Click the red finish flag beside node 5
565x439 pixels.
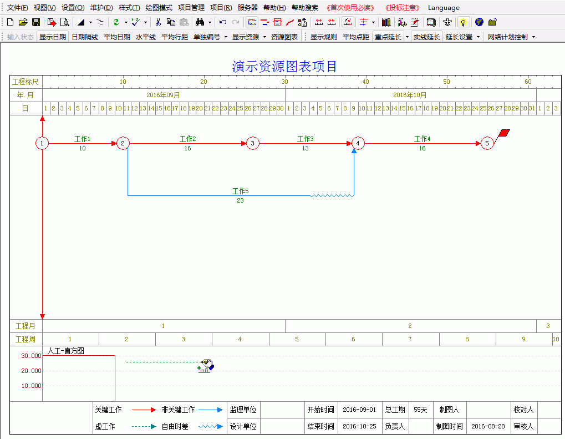[x=503, y=133]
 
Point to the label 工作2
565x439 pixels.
[x=188, y=139]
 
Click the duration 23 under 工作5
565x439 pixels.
[x=240, y=200]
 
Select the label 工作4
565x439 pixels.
[x=423, y=139]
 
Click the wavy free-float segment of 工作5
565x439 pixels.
[x=332, y=195]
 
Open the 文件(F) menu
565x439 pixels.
[x=17, y=8]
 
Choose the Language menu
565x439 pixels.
[x=444, y=8]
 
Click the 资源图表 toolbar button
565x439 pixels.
[x=284, y=37]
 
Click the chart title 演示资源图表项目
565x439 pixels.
[x=284, y=67]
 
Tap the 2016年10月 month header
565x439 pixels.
[x=410, y=95]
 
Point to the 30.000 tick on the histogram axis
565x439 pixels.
[x=32, y=356]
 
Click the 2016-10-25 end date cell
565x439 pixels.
[x=359, y=426]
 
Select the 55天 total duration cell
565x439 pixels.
[x=420, y=410]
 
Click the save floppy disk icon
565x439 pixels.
[x=36, y=22]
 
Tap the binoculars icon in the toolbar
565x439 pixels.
[x=200, y=22]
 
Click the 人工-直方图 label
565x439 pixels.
[x=65, y=351]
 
